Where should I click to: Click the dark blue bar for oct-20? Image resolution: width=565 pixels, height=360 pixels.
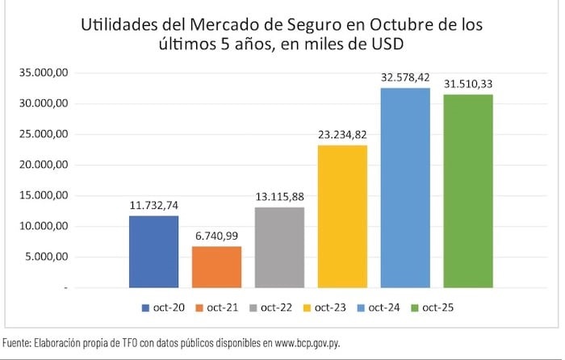coord(153,252)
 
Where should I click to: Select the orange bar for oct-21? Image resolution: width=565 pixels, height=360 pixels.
coord(216,267)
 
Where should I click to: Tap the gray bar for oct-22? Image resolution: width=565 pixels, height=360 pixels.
coord(279,248)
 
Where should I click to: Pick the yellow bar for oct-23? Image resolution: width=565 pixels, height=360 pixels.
coord(342,216)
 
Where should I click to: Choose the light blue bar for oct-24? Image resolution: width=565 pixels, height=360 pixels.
coord(405,188)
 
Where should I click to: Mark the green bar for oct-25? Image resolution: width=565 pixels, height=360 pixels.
coord(468,191)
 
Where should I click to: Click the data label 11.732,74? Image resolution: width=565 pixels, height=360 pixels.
coord(154,207)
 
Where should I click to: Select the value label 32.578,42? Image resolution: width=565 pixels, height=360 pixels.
coord(405,79)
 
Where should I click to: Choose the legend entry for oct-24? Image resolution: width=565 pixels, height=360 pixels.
coord(398,308)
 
